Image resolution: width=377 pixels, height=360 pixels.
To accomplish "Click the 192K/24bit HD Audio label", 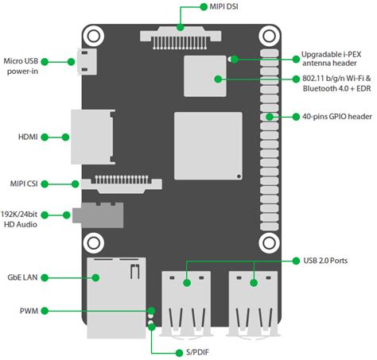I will click(21, 220).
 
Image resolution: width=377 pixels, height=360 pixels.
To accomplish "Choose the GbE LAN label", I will click(22, 277).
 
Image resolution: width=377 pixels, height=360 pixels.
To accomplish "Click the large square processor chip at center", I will click(208, 145).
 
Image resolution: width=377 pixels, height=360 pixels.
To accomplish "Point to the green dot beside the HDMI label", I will click(45, 137).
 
